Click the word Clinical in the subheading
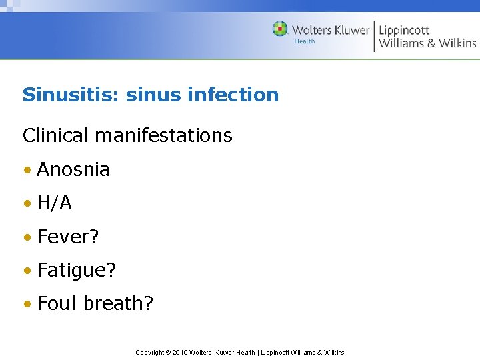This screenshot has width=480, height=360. pyautogui.click(x=55, y=135)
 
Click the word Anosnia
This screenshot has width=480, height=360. pyautogui.click(x=73, y=169)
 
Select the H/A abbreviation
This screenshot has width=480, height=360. pyautogui.click(x=55, y=203)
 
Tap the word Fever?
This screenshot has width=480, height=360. pyautogui.click(x=68, y=237)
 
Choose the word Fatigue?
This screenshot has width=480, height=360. pyautogui.click(x=77, y=270)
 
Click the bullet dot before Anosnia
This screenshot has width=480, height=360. pyautogui.click(x=27, y=170)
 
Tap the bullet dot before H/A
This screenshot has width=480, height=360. pyautogui.click(x=27, y=203)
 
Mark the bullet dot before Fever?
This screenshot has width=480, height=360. pyautogui.click(x=27, y=237)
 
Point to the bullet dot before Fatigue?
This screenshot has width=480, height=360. pyautogui.click(x=27, y=271)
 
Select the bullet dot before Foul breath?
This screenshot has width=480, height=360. pyautogui.click(x=27, y=304)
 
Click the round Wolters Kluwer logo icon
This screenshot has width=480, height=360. pyautogui.click(x=280, y=29)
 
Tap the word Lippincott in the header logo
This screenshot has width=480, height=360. pyautogui.click(x=404, y=30)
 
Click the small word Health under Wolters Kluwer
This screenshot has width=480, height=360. pyautogui.click(x=305, y=41)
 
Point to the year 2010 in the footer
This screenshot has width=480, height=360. pyautogui.click(x=180, y=352)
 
